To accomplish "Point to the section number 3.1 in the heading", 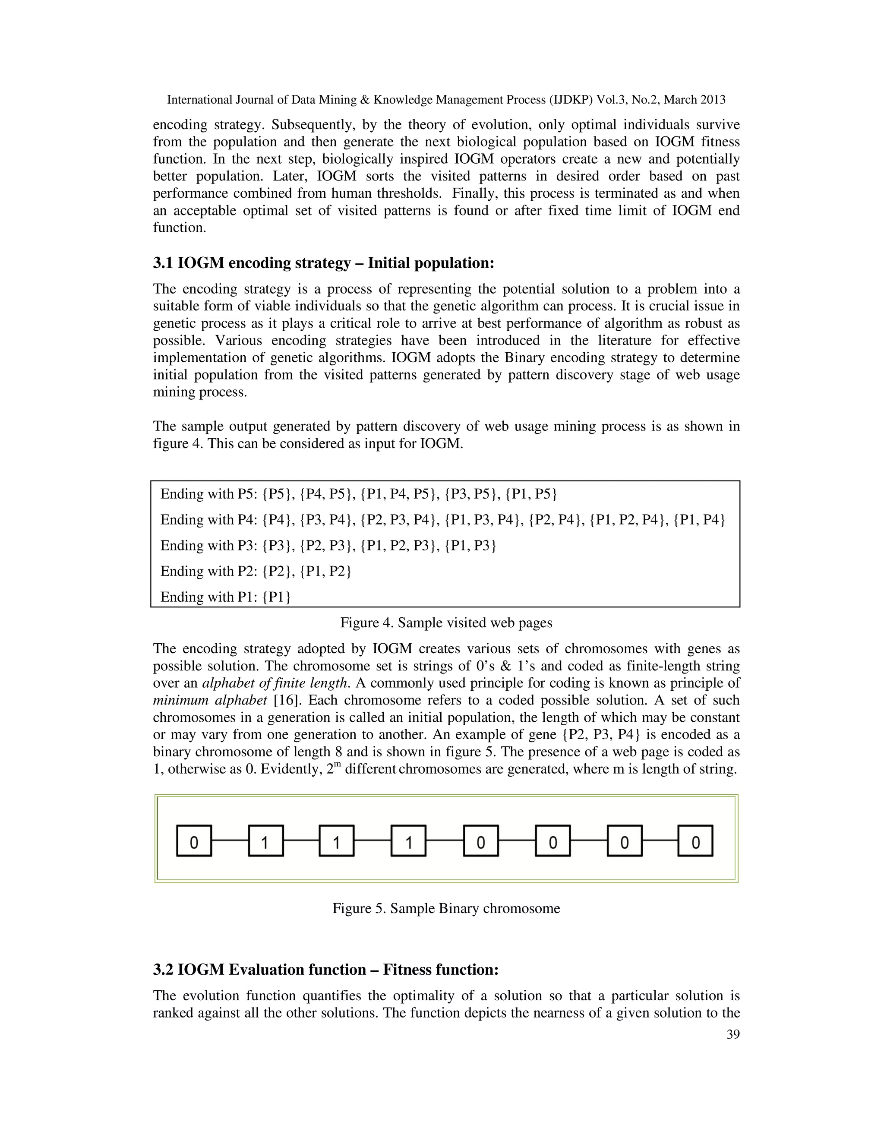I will click(164, 263).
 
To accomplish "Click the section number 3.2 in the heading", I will click(164, 970).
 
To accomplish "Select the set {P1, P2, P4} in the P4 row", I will click(627, 520).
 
